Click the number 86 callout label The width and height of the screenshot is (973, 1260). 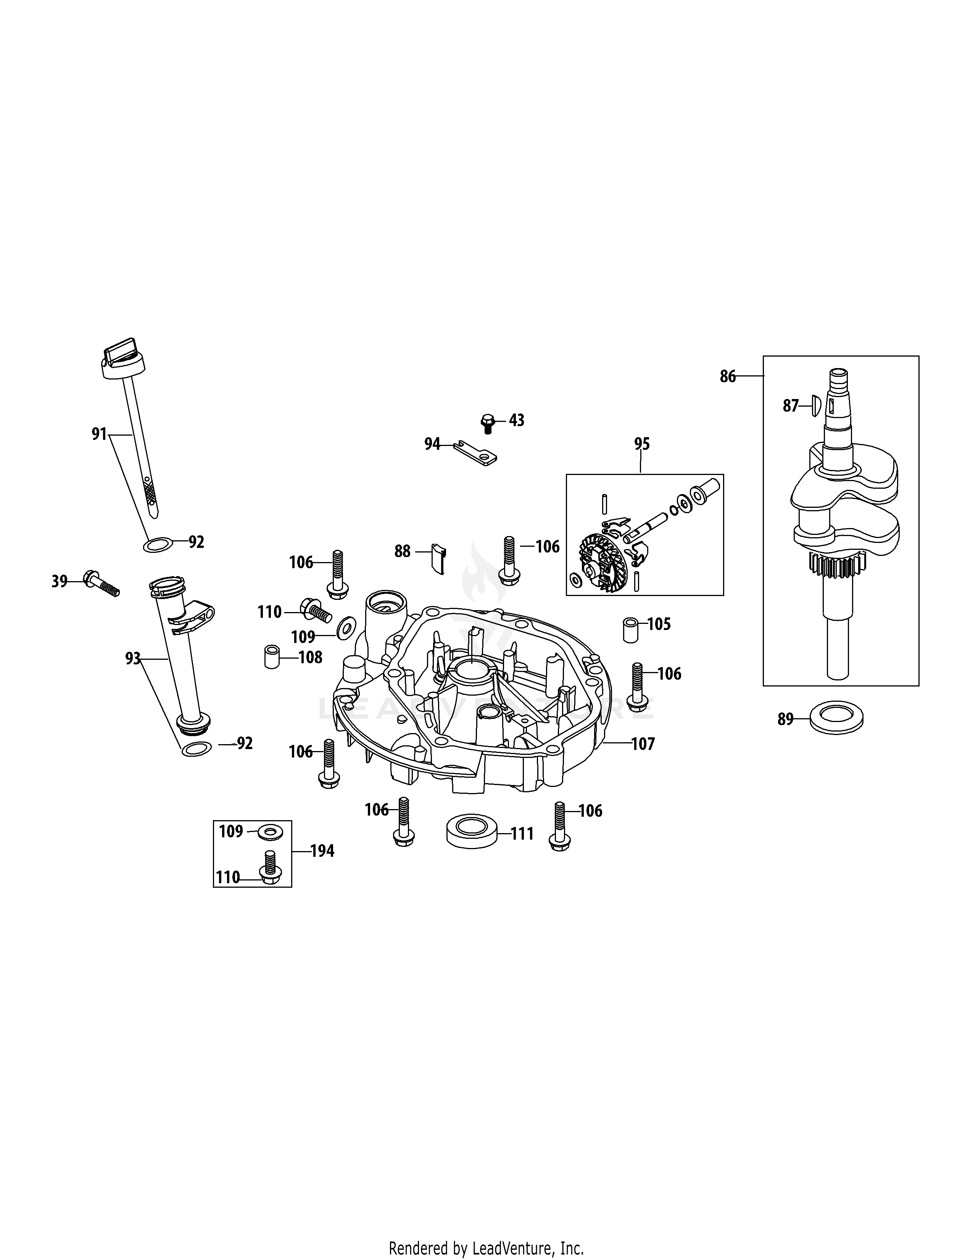tap(727, 377)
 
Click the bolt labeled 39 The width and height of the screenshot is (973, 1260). tap(100, 583)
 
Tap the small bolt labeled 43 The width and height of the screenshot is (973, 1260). tap(488, 422)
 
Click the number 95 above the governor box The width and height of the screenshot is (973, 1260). tap(641, 444)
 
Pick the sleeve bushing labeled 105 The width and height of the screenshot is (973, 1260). tap(631, 629)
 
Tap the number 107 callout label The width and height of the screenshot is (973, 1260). tap(643, 744)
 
